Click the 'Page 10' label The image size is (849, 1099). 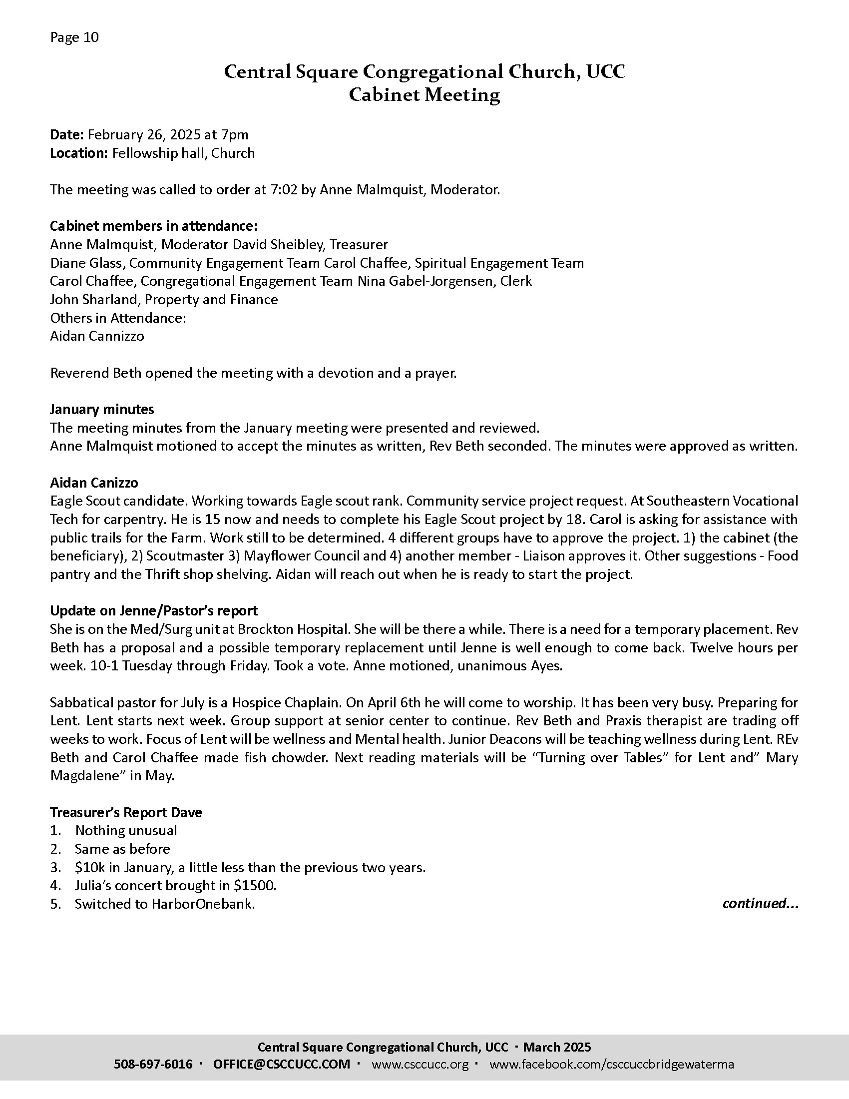74,37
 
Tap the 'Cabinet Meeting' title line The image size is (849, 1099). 424,94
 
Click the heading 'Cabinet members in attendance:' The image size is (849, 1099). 153,226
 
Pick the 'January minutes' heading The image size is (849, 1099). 102,409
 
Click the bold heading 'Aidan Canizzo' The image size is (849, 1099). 94,483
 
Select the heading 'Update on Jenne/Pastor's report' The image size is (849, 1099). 153,610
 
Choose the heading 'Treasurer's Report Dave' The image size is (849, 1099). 126,812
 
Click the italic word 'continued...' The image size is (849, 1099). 760,903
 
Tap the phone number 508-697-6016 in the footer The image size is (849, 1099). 153,1064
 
